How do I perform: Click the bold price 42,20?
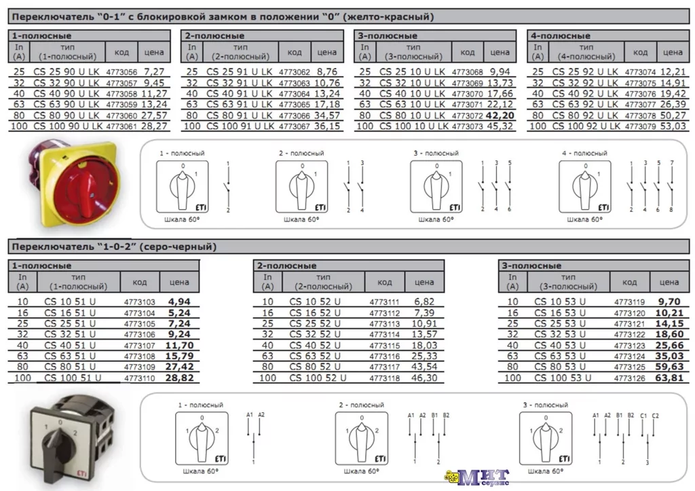click(500, 115)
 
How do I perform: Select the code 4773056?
click(121, 72)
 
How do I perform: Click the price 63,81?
click(669, 378)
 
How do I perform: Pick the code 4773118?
click(384, 378)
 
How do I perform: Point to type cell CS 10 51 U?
click(70, 302)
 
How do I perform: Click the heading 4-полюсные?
click(560, 35)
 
